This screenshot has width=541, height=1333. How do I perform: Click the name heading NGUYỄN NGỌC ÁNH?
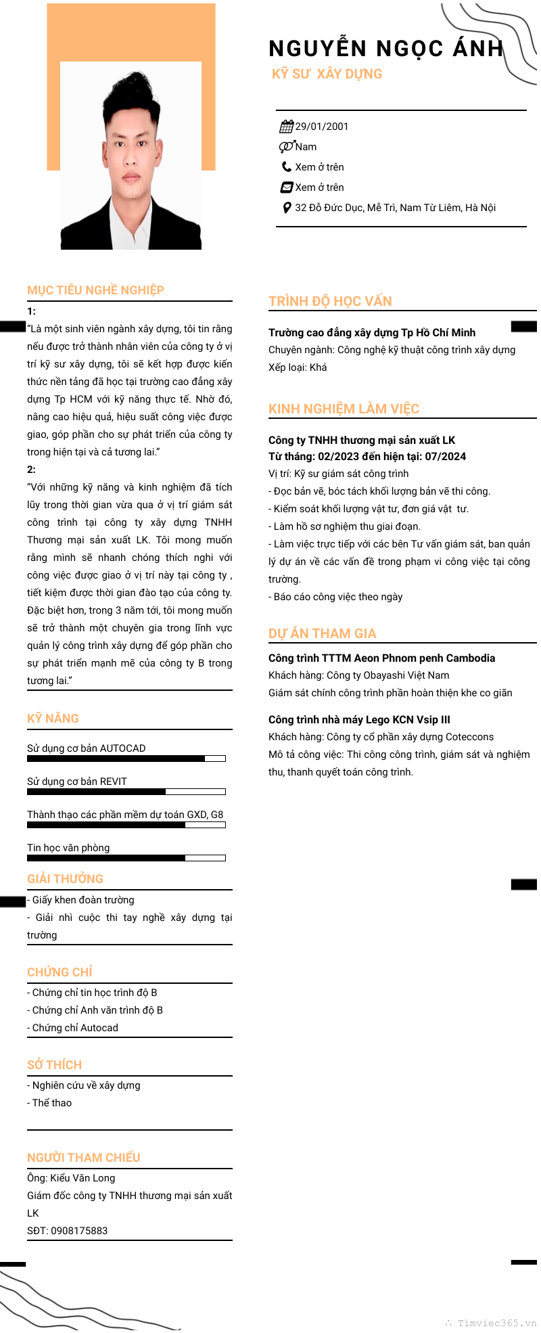coord(385,49)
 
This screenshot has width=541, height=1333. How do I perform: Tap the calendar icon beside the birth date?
coord(286,127)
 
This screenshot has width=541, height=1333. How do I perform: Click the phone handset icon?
coord(287,166)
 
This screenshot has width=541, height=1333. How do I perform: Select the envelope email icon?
coord(287,187)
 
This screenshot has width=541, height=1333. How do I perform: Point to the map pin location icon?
coord(287,208)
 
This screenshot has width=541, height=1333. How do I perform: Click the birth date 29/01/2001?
coord(322,127)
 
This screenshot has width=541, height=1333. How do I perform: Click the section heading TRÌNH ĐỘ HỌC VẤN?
coord(330,301)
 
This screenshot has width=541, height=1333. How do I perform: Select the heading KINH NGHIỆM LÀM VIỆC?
coord(344,409)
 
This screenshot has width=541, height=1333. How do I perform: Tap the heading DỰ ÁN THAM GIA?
coord(322,633)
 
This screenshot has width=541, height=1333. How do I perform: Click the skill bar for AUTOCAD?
coord(126,759)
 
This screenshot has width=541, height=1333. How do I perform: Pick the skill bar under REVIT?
coord(126,792)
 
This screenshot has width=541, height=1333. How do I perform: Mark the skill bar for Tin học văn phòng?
coord(126,858)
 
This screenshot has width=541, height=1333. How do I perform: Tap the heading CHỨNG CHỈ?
coord(60,972)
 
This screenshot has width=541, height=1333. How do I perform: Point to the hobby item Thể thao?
coord(51,1103)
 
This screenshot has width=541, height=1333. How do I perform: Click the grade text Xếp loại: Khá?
coord(298,367)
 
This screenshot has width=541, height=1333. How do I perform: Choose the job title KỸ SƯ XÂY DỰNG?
coord(327,74)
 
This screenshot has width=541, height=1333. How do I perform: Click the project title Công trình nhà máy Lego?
coord(359,719)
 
